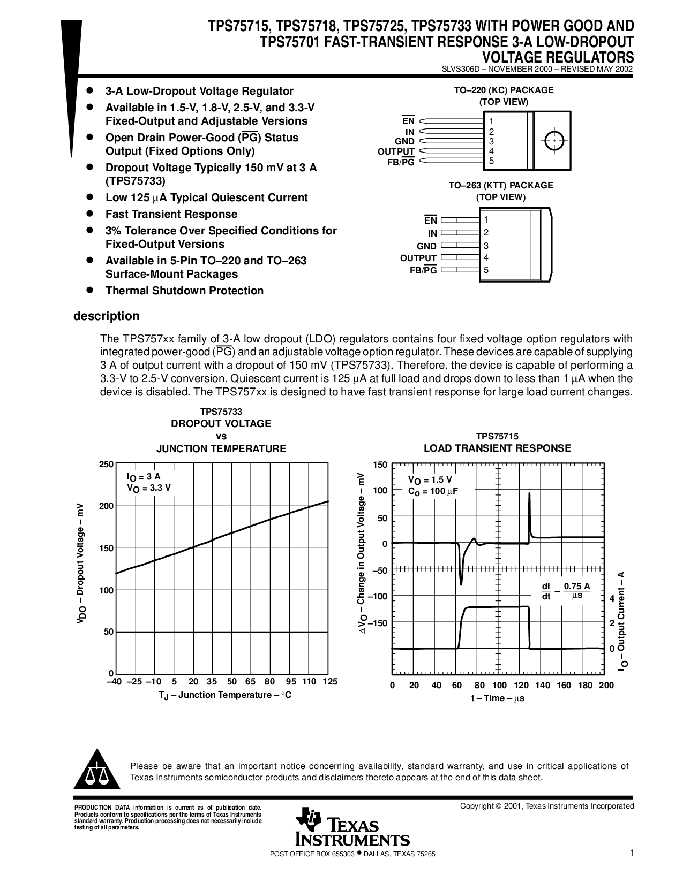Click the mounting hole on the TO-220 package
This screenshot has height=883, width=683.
(554, 141)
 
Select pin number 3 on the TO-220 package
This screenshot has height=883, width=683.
(491, 141)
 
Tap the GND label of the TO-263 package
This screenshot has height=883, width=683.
(426, 246)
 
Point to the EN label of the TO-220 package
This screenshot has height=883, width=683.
(408, 121)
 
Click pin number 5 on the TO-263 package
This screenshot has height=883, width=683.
(486, 270)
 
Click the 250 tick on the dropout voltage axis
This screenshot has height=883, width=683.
(106, 464)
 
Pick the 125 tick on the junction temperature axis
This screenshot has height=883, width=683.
(330, 681)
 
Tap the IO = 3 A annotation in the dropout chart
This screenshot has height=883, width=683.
(144, 477)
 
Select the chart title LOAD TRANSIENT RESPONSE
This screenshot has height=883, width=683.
(497, 448)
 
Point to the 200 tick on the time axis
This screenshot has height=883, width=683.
(606, 685)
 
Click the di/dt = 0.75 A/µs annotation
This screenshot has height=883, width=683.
(566, 591)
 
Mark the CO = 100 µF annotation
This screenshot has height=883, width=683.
(433, 491)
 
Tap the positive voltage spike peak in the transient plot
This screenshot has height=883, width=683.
(529, 494)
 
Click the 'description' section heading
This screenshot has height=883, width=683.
(106, 316)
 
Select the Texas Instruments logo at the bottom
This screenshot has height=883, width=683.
(352, 826)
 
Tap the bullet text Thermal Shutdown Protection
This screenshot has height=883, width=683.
(184, 291)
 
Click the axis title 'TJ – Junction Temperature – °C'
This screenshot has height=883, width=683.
(225, 695)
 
